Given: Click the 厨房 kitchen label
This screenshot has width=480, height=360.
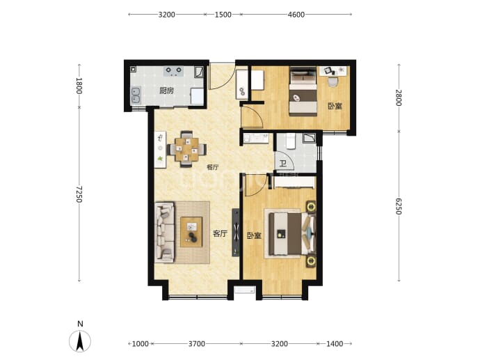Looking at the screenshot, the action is point(167,91).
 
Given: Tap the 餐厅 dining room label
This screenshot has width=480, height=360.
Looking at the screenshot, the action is point(213,167).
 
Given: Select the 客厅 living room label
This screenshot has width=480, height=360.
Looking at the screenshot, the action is point(220,234).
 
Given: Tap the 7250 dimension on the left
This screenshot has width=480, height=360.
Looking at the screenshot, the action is point(79,194).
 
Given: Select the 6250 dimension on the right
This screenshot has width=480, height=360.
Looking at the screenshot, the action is point(399,206).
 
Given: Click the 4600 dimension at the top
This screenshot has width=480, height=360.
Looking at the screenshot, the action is point(296,15).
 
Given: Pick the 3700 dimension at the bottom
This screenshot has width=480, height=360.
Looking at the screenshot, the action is point(197,344).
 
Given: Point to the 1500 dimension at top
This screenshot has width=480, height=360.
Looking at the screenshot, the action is point(223,15).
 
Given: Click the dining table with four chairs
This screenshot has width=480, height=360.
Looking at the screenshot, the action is point(186,149).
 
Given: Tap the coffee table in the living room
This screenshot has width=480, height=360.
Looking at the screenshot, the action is point(191,232).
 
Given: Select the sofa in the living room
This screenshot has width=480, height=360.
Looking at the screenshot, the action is point(164,233).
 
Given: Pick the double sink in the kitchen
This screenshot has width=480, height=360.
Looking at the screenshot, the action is point(136,95).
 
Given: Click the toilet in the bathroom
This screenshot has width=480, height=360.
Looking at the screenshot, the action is point(291,141).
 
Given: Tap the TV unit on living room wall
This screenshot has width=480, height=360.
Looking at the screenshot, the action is point(235,233).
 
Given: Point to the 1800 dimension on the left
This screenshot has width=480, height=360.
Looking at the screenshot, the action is point(79,86).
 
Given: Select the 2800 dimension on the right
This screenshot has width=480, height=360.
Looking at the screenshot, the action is point(399,97).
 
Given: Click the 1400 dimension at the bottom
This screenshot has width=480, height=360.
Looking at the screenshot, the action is point(335,344).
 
